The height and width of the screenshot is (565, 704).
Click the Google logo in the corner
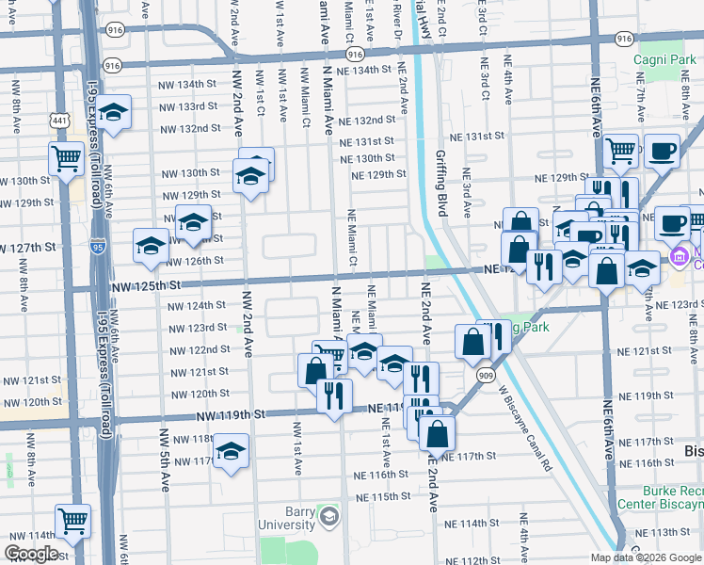tap(31, 554)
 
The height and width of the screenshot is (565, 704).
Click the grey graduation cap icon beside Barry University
tap(328, 516)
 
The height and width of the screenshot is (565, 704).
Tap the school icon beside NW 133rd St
tap(113, 113)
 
